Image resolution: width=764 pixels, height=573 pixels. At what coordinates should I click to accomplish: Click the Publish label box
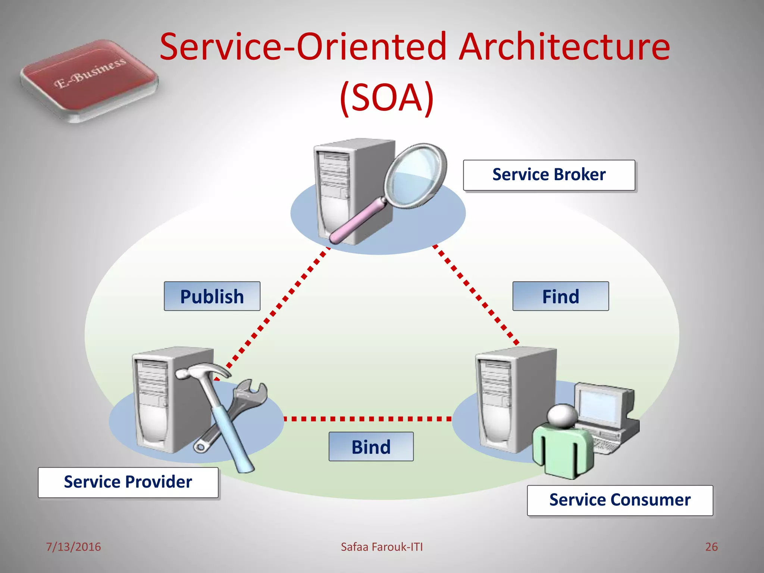pos(212,297)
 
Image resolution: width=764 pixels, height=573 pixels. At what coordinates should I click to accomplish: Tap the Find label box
pos(560,297)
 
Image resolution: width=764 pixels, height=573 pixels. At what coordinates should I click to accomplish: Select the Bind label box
pos(371,447)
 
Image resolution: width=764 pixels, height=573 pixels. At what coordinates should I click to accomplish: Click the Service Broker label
pos(549,175)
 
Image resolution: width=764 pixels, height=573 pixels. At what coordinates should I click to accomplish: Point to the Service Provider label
pos(128,482)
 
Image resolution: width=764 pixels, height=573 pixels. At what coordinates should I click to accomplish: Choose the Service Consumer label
pos(620,500)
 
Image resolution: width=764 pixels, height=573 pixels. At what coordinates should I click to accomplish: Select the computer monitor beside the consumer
pos(601,405)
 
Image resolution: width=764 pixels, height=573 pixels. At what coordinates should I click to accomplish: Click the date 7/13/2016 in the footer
pos(73,547)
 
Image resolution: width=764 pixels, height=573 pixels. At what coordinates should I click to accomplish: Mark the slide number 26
pos(711,547)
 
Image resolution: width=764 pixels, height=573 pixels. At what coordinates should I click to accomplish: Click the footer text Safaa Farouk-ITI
pos(382,547)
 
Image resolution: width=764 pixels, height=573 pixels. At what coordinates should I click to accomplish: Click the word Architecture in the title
pos(564,47)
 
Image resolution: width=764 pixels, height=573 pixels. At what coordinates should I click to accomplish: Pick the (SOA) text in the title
pos(386,98)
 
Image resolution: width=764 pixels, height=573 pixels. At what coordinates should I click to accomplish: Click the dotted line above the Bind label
pos(367,419)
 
